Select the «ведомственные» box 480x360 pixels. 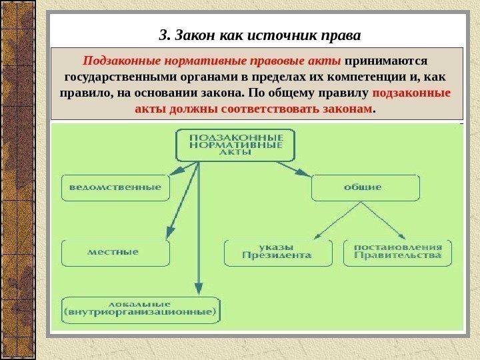(x=115, y=188)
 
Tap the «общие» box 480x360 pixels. (x=365, y=188)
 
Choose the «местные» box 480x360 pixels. (x=115, y=253)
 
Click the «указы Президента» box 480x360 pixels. (x=277, y=251)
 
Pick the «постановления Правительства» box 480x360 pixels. (x=398, y=251)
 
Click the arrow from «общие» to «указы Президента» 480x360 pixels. (x=339, y=221)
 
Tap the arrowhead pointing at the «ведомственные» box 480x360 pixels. (x=174, y=173)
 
